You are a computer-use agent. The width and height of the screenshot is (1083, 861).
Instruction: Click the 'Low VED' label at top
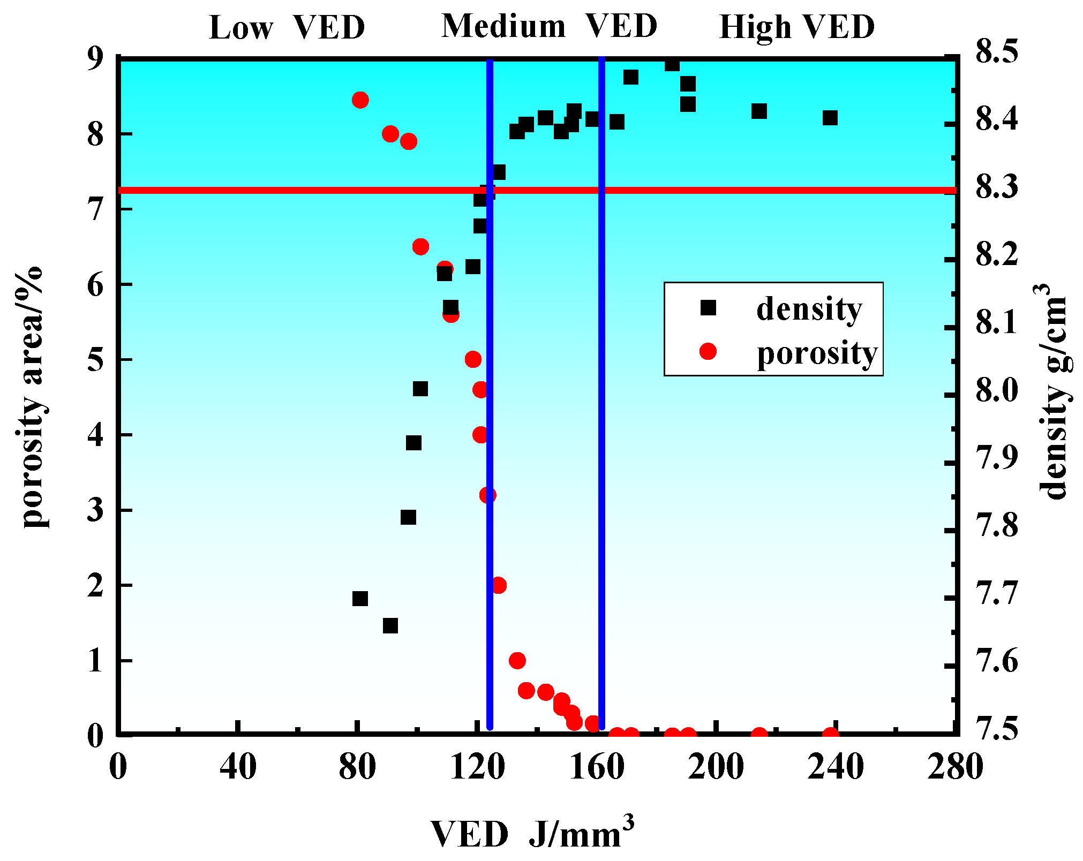(x=287, y=27)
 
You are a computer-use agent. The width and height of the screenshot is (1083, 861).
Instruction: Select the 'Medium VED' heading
(x=549, y=26)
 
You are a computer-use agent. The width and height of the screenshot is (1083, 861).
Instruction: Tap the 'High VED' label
(x=796, y=27)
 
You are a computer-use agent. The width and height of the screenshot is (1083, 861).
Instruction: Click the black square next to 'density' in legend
(x=708, y=308)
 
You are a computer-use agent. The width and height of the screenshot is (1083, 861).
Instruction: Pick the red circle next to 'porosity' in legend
(x=708, y=351)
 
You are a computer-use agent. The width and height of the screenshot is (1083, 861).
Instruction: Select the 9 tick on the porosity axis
(x=96, y=58)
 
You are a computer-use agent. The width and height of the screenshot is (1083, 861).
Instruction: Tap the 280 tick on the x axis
(x=955, y=766)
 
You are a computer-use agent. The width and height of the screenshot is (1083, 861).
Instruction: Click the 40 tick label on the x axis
(x=238, y=766)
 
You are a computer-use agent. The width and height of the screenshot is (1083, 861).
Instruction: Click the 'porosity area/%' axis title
(x=33, y=396)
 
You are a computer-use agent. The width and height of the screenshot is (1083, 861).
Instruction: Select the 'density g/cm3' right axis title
(x=1052, y=391)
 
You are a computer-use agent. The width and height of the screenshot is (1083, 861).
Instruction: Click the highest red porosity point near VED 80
(x=360, y=100)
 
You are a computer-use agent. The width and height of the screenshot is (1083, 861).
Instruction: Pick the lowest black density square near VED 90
(x=390, y=626)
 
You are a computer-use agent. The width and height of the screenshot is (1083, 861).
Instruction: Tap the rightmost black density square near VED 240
(x=830, y=118)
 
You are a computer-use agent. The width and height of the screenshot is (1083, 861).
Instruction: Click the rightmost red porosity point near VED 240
(x=830, y=735)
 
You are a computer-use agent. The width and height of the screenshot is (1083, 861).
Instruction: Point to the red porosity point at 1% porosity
(x=517, y=660)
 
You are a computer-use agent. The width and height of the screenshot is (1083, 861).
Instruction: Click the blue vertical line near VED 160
(x=601, y=396)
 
